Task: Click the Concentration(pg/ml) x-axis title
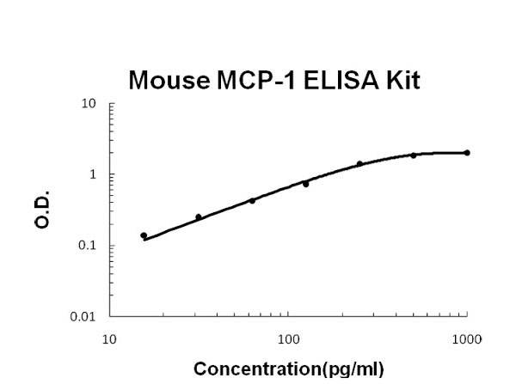(x=288, y=371)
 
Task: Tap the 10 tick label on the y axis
(x=89, y=105)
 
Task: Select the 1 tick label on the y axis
(x=92, y=175)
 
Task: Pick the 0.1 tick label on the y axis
(x=87, y=246)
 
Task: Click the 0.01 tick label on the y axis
(x=83, y=317)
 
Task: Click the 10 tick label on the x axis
(x=109, y=338)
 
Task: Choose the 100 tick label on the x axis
(x=288, y=338)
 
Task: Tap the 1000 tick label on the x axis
(x=467, y=338)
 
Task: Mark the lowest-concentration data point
(x=144, y=235)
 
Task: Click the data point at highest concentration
(x=467, y=153)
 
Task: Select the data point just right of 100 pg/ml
(x=305, y=184)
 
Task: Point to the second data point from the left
(x=199, y=217)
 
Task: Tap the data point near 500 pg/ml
(x=414, y=155)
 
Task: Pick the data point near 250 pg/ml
(x=359, y=164)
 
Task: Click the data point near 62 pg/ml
(x=252, y=201)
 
